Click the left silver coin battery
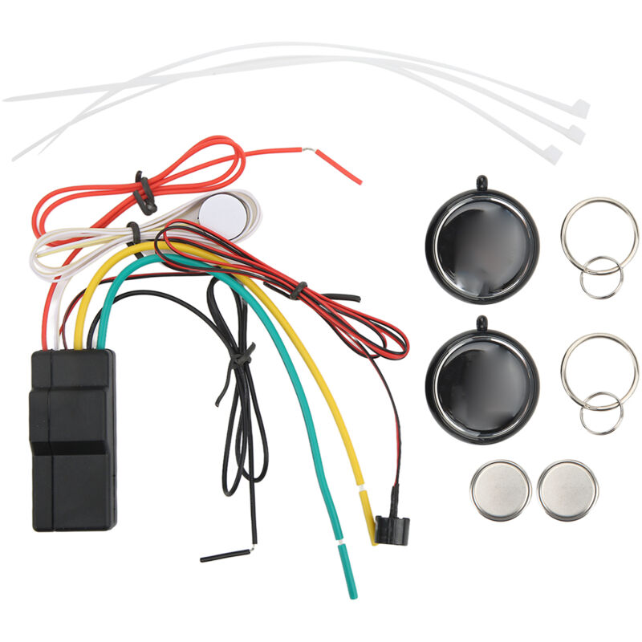(x=501, y=490)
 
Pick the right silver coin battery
(x=568, y=490)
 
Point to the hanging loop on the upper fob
(x=481, y=181)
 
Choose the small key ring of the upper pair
(x=601, y=277)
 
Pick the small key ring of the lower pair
(x=600, y=412)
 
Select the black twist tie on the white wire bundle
(x=134, y=233)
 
